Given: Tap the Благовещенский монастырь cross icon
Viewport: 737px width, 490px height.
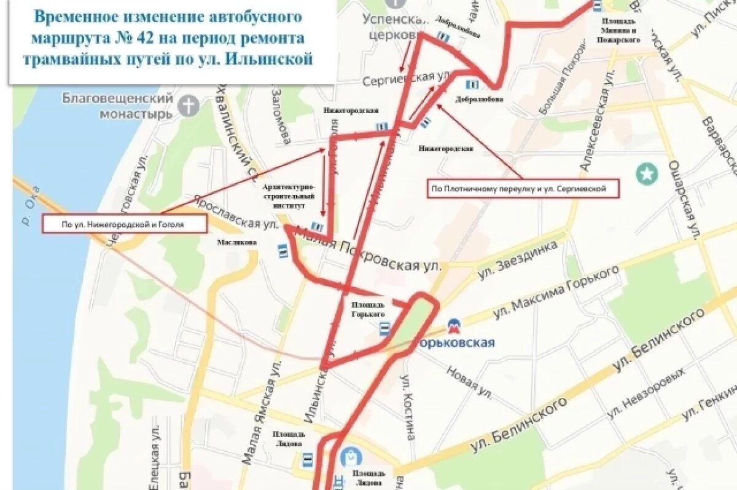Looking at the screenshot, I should tap(189, 106).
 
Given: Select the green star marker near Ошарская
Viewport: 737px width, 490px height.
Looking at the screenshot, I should tap(647, 174).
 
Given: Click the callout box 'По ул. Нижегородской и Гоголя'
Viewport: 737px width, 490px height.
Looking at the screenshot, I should tap(123, 225).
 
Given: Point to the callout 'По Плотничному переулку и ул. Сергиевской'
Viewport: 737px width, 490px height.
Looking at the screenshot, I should tap(523, 189).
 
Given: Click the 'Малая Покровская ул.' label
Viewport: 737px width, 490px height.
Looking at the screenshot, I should tap(368, 250).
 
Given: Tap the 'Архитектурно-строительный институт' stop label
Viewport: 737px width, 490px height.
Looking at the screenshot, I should tap(289, 196).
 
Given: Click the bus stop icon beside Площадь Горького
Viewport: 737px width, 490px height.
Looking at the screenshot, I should tap(384, 329).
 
